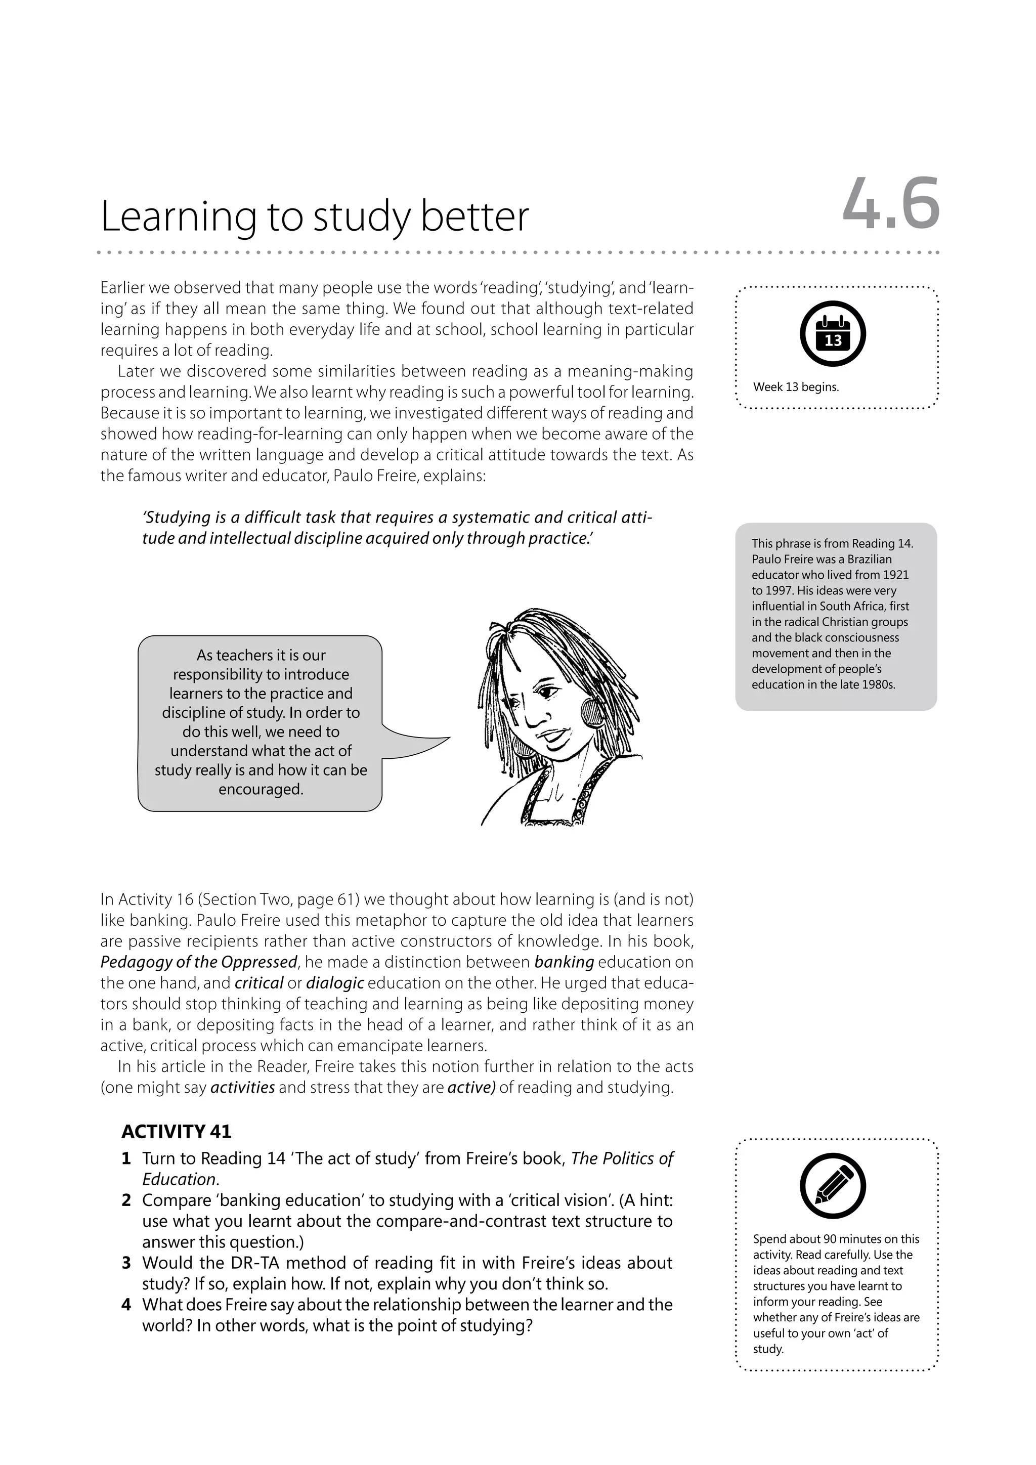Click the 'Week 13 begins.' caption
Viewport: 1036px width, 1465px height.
796,387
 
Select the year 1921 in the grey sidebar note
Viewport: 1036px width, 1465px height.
896,575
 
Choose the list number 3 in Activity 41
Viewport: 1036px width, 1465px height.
126,1263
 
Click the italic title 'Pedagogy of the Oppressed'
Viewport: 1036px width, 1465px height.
198,962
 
